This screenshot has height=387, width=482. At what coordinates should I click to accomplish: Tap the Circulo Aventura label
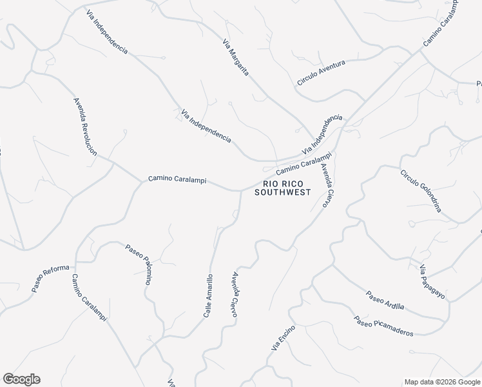[x=321, y=73]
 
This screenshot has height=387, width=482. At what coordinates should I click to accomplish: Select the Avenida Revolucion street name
[x=85, y=127]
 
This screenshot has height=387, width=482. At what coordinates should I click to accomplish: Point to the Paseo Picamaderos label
[x=383, y=326]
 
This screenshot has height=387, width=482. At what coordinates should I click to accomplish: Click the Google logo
[x=21, y=379]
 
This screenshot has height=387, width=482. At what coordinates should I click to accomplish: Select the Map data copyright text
[x=442, y=382]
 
